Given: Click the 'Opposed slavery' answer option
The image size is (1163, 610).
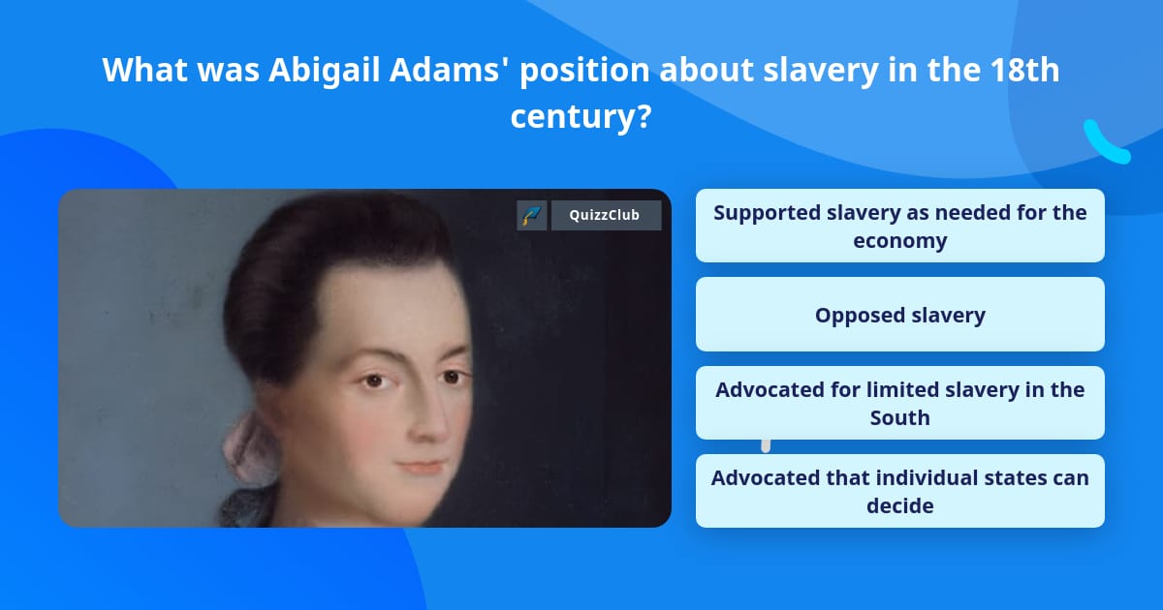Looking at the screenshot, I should (x=899, y=315).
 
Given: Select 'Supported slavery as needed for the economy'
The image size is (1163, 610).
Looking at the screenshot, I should (x=899, y=226).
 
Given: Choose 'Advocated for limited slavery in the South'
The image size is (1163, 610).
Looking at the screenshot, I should (x=899, y=403).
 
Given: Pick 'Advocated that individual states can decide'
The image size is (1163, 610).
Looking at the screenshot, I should (x=899, y=491).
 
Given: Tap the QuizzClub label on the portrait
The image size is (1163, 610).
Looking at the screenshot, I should (x=606, y=215).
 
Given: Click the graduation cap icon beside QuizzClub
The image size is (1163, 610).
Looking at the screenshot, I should (x=532, y=215).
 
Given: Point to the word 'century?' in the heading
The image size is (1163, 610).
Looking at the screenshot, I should (x=581, y=116).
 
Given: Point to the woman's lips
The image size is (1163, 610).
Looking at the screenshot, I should (x=424, y=467).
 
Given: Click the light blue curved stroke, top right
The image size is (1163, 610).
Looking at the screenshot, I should (x=1105, y=143).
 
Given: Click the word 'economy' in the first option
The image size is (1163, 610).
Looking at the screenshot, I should (x=899, y=240).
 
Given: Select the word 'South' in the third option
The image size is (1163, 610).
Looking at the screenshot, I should (x=899, y=417).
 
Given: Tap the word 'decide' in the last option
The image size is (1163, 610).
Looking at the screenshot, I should (x=899, y=505).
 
